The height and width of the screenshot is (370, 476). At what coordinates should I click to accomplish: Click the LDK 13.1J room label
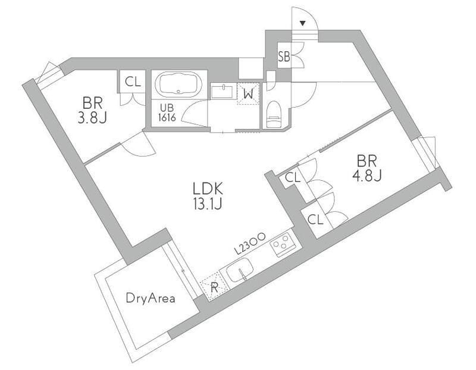coord(208,196)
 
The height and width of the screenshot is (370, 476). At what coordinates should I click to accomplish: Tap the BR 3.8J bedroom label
coord(92,111)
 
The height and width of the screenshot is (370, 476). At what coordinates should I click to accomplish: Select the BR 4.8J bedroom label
coord(367,168)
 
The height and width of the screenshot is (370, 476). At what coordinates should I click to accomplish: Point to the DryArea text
coord(151,299)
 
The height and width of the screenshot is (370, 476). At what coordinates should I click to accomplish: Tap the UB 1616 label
coord(167,113)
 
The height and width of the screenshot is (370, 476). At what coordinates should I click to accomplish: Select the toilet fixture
coord(274,114)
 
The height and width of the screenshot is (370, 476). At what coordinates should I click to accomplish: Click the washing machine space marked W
coord(249,94)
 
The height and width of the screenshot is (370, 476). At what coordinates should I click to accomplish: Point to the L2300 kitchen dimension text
coord(250,243)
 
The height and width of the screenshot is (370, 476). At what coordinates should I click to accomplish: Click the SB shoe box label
coord(284,57)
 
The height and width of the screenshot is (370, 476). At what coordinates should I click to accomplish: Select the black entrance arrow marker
coord(303,23)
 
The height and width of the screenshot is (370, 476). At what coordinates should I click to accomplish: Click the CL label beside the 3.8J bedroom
coord(133,81)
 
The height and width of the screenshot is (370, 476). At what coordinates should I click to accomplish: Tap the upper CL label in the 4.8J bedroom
coord(293,177)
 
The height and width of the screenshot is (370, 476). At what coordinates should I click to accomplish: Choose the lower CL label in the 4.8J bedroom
coord(316,220)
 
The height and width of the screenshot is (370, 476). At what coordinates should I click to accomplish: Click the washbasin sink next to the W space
coord(223,92)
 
